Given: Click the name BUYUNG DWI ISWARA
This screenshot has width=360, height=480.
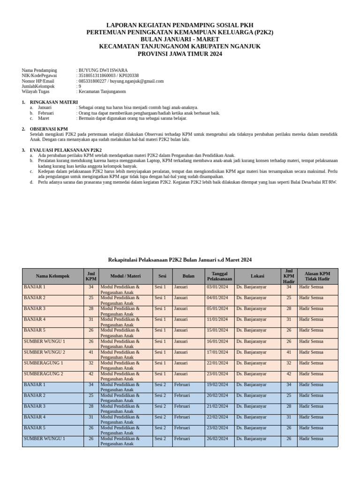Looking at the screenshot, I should (x=103, y=70).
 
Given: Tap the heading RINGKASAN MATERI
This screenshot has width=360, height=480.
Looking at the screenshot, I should (x=54, y=102).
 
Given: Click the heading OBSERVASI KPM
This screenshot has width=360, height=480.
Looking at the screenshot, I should (x=49, y=129).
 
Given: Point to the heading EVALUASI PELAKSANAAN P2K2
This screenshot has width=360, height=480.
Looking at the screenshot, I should (x=66, y=150).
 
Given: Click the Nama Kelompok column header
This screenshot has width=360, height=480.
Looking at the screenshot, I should (x=52, y=276).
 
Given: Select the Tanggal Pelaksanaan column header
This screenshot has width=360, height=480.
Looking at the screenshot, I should (x=219, y=276).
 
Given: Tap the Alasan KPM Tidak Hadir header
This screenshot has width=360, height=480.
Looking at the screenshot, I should (x=317, y=276).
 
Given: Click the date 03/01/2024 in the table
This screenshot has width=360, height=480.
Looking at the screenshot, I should (x=217, y=287).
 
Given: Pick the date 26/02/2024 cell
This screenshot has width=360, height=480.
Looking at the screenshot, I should (x=217, y=439).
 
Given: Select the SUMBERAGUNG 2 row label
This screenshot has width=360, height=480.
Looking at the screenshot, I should (x=43, y=374).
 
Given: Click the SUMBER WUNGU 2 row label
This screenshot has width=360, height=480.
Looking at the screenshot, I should (x=45, y=352).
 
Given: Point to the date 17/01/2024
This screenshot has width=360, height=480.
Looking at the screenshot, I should (x=217, y=352).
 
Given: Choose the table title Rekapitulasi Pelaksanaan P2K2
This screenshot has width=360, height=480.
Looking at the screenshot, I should (x=180, y=260).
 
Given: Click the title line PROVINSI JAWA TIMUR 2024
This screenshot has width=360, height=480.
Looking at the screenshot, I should (x=180, y=54).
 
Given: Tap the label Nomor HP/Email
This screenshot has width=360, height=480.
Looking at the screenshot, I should (x=38, y=81).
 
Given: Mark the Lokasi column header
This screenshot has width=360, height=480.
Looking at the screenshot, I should (x=257, y=276).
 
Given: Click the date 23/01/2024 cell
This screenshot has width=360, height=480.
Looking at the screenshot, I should (x=217, y=374).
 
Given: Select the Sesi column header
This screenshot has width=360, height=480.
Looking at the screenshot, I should (x=162, y=276).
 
